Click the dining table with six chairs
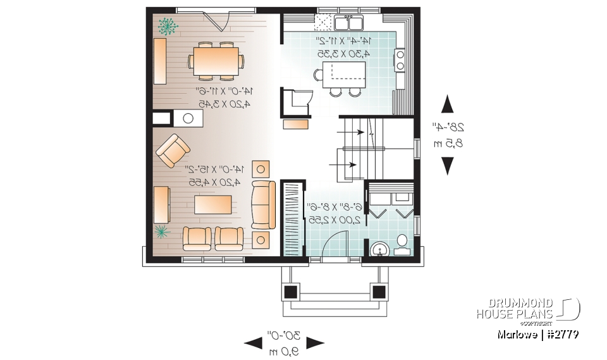point(216,61)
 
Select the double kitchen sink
point(348,23)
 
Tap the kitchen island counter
point(344,78)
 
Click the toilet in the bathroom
point(402,245)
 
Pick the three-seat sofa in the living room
point(264,204)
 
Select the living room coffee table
point(212,204)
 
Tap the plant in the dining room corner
point(168,25)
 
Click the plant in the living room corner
point(162,232)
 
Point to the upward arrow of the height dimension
point(448,104)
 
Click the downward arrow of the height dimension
point(448,165)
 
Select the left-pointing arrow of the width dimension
point(252,343)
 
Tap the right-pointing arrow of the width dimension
point(315,343)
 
